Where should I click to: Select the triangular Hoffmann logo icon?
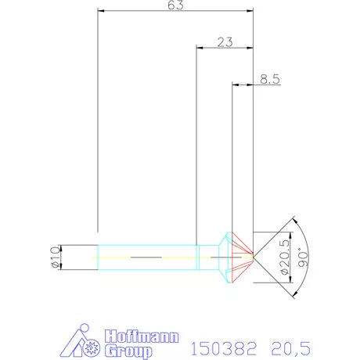(80, 339)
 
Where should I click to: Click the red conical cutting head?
(239, 256)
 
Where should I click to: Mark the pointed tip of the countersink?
(254, 256)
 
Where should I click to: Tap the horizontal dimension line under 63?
(176, 12)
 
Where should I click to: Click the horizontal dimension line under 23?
(225, 49)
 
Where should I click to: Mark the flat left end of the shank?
(98, 256)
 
